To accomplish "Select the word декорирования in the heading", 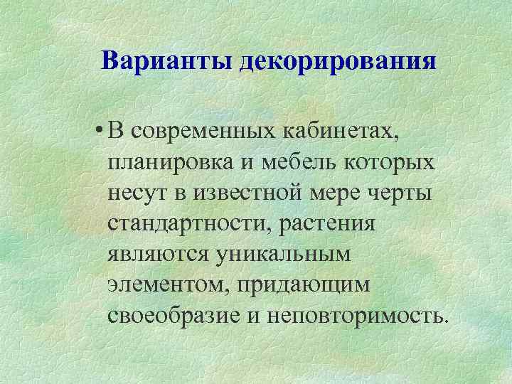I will tap(338, 61).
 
